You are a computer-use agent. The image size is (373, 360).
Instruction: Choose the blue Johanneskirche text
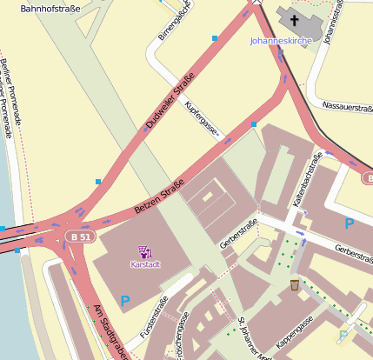280,41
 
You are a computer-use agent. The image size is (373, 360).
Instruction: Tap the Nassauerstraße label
347,107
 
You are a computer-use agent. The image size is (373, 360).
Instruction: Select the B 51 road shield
82,236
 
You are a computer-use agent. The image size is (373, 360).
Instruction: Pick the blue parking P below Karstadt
125,301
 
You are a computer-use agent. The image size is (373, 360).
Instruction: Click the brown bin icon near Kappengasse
295,284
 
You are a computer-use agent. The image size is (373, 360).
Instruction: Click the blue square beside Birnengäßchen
214,38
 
